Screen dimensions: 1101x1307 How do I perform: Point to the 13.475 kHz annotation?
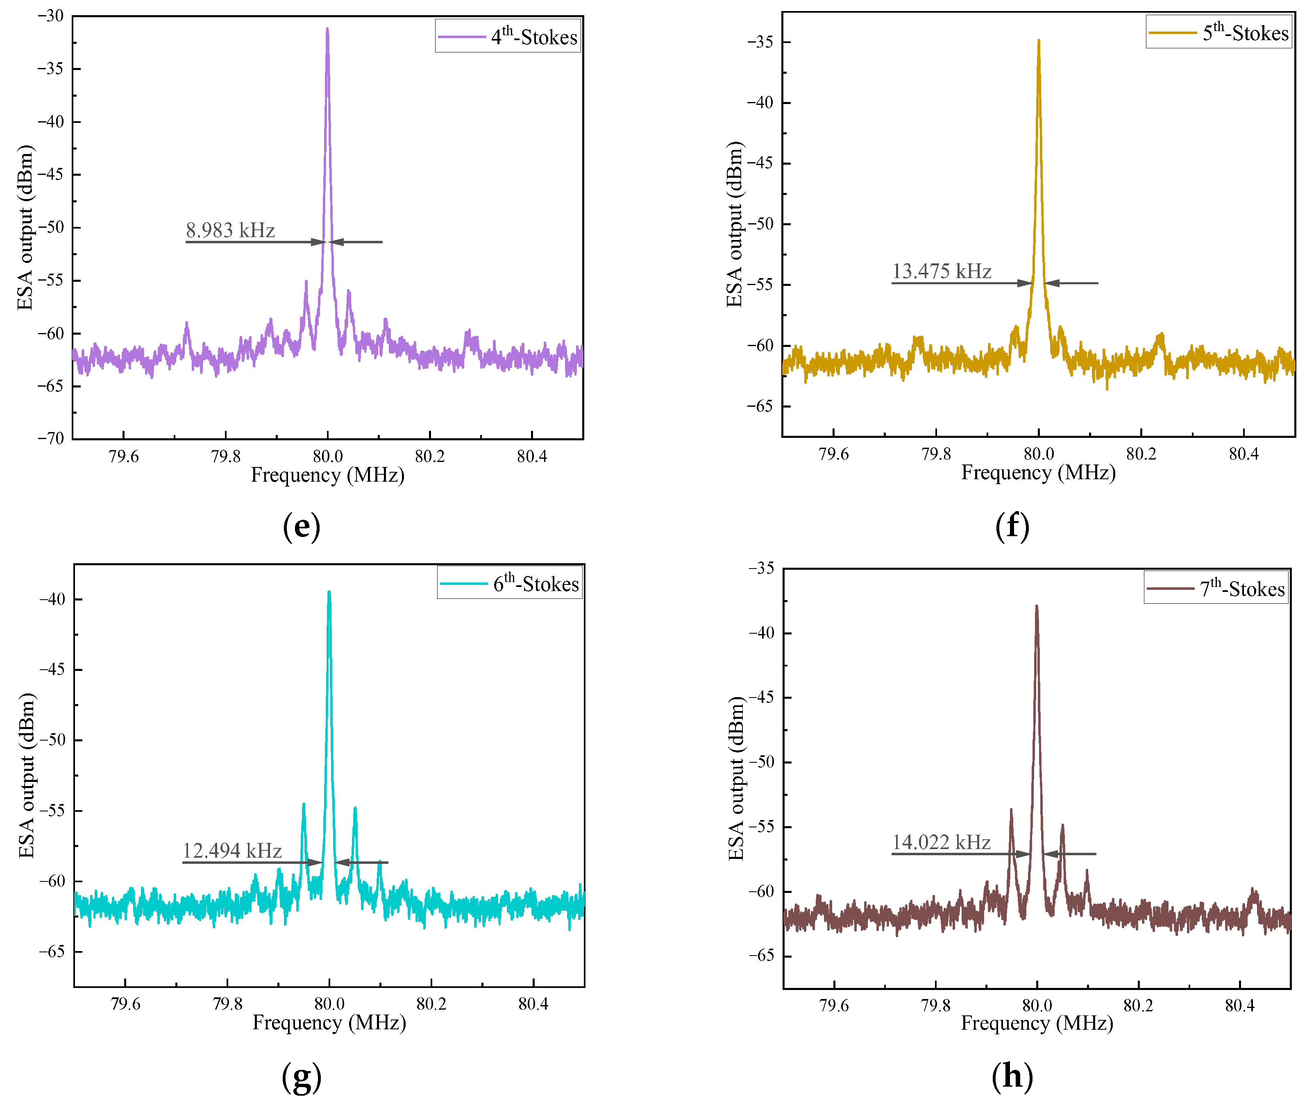941,272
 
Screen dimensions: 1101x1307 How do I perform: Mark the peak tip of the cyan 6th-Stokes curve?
329,592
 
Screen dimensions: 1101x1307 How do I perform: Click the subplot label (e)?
302,526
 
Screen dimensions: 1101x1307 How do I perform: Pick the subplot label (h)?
1012,1076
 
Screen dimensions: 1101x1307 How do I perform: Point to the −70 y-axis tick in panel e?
51,438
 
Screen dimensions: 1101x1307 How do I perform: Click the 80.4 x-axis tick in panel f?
1243,454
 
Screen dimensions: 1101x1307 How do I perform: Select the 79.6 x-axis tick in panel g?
125,1004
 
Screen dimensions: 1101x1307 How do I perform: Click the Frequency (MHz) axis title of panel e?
328,476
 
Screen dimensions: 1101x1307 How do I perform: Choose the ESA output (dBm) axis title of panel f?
735,225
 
